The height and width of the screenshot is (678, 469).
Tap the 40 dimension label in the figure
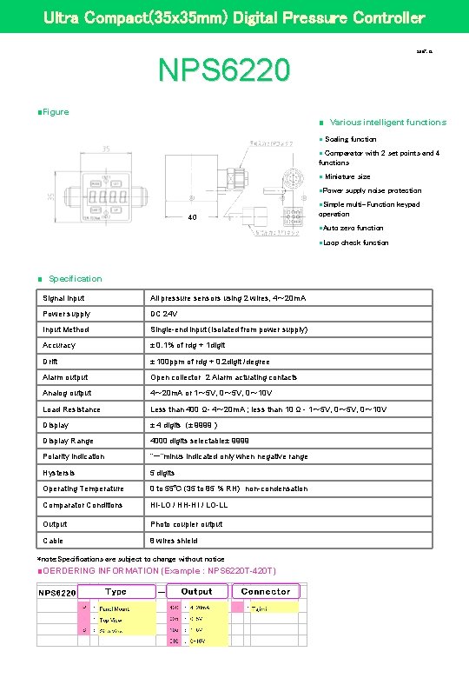(x=193, y=217)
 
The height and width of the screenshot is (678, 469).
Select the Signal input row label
(x=64, y=298)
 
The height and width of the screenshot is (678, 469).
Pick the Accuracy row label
(x=59, y=345)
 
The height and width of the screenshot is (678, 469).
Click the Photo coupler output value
(x=187, y=524)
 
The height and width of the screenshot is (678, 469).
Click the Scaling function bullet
(x=350, y=139)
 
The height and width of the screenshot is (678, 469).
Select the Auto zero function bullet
(x=353, y=228)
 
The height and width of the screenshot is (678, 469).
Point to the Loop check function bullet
(x=355, y=243)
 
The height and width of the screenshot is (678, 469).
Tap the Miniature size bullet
(x=347, y=176)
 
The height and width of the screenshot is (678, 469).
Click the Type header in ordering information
(x=116, y=591)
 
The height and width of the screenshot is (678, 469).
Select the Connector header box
(x=265, y=591)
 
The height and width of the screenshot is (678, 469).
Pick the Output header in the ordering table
(x=196, y=591)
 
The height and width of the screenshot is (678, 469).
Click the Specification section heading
(x=75, y=279)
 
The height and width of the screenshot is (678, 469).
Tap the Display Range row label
(x=68, y=441)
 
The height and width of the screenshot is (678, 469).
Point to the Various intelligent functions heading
(x=387, y=123)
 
